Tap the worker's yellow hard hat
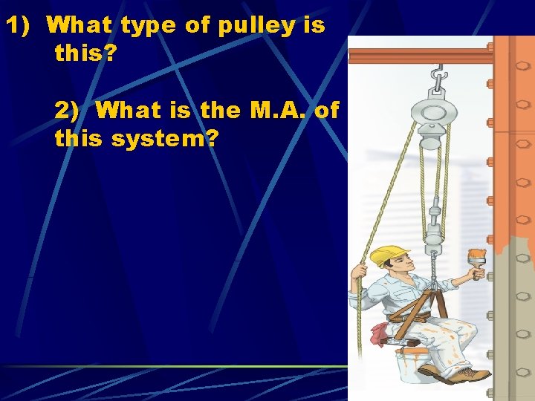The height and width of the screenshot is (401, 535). (389, 254)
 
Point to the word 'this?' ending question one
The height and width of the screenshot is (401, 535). (82, 53)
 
